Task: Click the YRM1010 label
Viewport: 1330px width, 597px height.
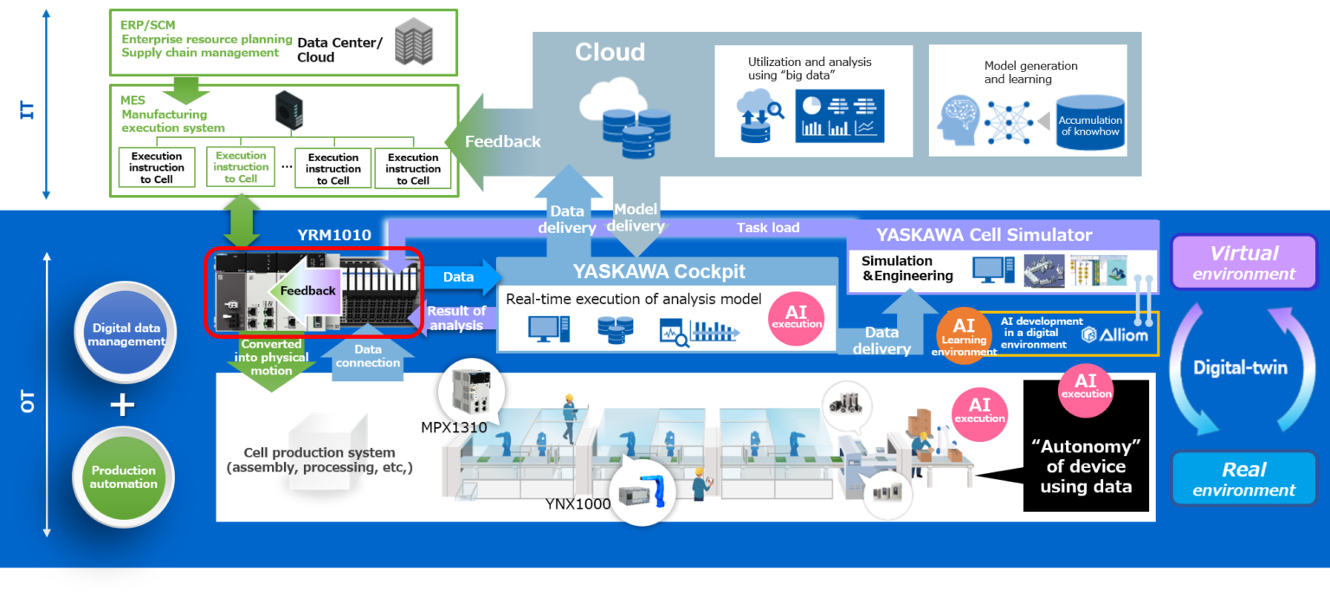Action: (x=333, y=235)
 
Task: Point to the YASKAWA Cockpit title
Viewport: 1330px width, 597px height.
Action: (x=659, y=272)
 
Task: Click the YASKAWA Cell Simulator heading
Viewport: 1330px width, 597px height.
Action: (x=984, y=235)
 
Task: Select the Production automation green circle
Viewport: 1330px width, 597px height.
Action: (x=124, y=477)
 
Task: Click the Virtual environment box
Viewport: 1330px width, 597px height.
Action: (x=1243, y=263)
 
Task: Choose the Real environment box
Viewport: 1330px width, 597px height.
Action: (x=1243, y=478)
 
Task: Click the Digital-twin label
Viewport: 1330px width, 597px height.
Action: (x=1240, y=367)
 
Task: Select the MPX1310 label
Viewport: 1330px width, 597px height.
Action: (x=454, y=427)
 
